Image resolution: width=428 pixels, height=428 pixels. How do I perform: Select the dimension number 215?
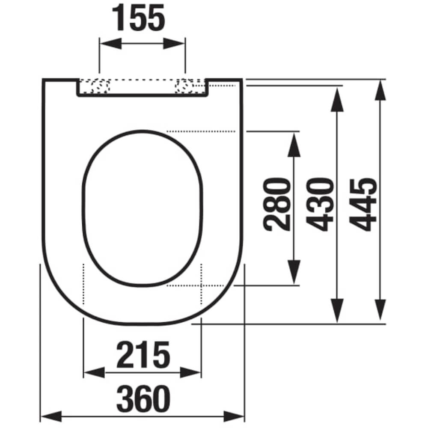coord(143,354)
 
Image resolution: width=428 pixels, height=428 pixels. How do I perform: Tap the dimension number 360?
coord(143,398)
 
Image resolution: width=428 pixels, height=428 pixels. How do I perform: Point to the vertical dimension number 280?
coord(276,204)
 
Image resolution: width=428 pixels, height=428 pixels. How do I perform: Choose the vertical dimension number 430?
coord(320,205)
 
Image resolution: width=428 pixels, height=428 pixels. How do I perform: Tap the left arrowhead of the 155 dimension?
coord(110,44)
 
